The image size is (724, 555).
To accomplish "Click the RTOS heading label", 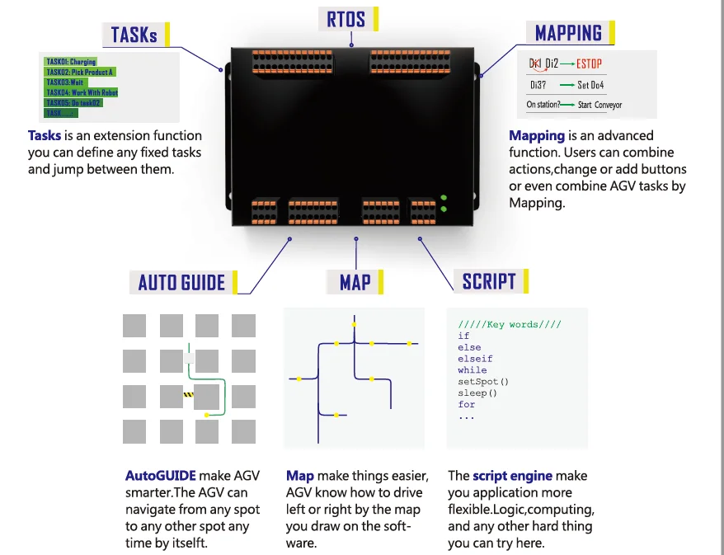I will (x=346, y=18).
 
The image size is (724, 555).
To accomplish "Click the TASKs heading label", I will (x=134, y=35).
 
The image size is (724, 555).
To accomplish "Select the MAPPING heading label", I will (x=568, y=33).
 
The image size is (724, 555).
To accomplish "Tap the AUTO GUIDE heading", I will (x=181, y=283).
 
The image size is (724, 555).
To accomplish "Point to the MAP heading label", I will (x=355, y=282).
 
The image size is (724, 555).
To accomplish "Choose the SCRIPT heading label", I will (x=489, y=281).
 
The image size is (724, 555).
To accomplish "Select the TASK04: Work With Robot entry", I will (x=82, y=93).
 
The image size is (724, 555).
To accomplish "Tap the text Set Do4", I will (x=590, y=84).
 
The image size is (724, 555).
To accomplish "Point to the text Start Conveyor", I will (x=599, y=105).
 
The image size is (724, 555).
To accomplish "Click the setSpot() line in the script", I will (x=483, y=382).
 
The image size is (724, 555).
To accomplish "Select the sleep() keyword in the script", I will (x=477, y=393).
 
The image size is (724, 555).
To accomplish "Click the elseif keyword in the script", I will (x=475, y=359).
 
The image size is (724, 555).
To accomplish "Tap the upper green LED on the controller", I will (x=444, y=198).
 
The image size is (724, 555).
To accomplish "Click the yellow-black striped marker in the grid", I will (x=188, y=396).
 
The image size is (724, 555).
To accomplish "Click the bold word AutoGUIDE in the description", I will (x=161, y=476).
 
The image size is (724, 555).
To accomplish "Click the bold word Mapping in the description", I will (x=537, y=136).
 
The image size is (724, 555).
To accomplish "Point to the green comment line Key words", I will (x=510, y=324).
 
